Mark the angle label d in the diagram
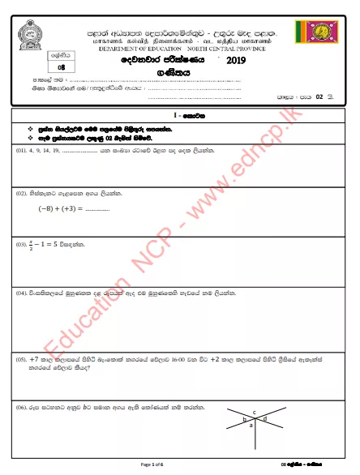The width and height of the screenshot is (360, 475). coord(265,419)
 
